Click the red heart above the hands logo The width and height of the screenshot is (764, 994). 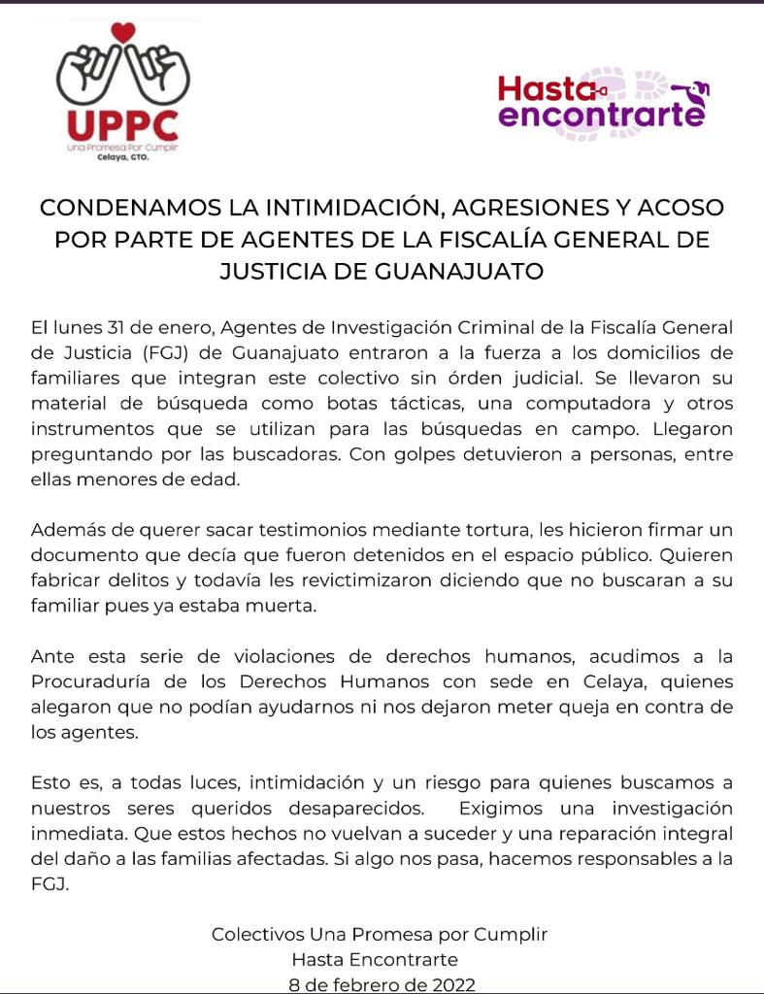[123, 32]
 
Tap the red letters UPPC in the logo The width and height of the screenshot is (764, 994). [123, 123]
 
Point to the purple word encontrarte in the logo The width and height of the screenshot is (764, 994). [600, 116]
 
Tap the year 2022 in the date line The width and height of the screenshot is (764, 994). [450, 983]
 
